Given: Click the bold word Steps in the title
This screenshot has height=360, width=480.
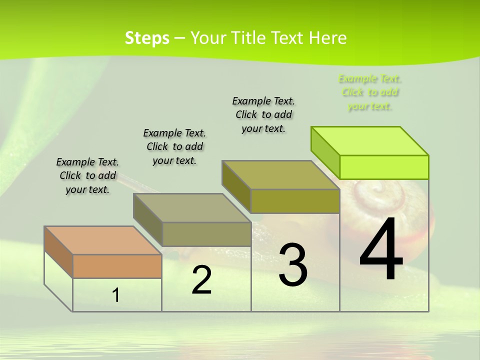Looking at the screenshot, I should pyautogui.click(x=147, y=38).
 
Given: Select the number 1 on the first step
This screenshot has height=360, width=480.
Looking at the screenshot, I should pyautogui.click(x=116, y=295).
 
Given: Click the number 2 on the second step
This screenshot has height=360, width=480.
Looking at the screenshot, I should pyautogui.click(x=201, y=280).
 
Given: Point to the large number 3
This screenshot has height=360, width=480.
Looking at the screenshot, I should pyautogui.click(x=293, y=264).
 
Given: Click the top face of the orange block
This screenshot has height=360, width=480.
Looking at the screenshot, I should pyautogui.click(x=102, y=240).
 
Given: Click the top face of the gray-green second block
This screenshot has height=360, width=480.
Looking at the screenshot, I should pyautogui.click(x=192, y=207).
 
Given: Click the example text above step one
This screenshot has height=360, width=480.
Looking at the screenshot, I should pyautogui.click(x=87, y=175).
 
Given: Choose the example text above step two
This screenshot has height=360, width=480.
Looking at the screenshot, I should pyautogui.click(x=174, y=146).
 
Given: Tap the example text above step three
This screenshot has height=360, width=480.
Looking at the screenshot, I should pyautogui.click(x=263, y=114).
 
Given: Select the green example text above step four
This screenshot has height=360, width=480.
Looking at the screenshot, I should pyautogui.click(x=369, y=92).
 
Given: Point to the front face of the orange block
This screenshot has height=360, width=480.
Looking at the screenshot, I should pyautogui.click(x=117, y=266).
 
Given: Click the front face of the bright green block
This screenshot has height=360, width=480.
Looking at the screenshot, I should pyautogui.click(x=384, y=167).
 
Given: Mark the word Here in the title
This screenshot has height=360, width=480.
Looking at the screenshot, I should pyautogui.click(x=327, y=38).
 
